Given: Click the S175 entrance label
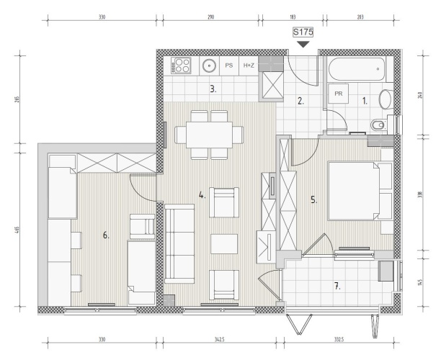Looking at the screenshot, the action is (x=303, y=32).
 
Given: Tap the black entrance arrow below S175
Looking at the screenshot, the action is (x=303, y=45).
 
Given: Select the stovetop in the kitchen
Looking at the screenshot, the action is (x=181, y=66).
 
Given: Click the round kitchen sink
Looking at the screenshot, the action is (x=210, y=66).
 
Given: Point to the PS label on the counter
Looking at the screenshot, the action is (x=229, y=66).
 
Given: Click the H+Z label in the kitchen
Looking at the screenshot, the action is (x=249, y=66).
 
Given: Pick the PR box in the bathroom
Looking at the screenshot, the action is (x=339, y=94).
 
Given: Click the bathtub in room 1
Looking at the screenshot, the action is (x=357, y=69).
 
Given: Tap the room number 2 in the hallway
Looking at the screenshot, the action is (x=300, y=101).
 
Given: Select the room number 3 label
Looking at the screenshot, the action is (x=213, y=89).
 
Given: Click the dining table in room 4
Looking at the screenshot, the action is (x=209, y=135).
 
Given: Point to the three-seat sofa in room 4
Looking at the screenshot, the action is (x=179, y=243).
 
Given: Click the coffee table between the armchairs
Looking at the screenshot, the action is (x=224, y=244).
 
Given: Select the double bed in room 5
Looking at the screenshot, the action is (x=354, y=191).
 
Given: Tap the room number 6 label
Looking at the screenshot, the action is (x=106, y=235).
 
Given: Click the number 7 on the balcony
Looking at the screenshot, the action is (x=337, y=287).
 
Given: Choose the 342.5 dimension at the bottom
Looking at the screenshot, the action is (x=219, y=340).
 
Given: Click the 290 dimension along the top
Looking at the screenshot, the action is (x=210, y=17).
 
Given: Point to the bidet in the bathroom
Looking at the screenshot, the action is (x=378, y=125).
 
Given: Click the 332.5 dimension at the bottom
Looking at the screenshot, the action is (x=339, y=340).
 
